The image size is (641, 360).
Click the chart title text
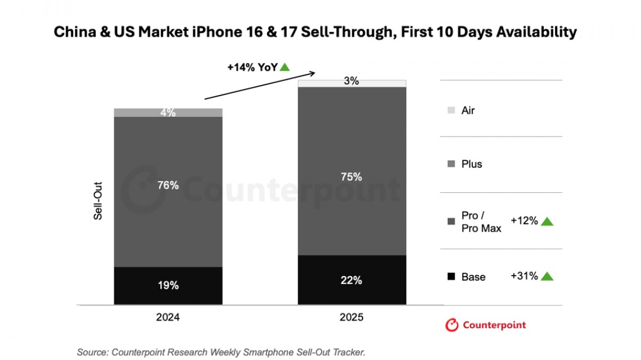click(x=315, y=32)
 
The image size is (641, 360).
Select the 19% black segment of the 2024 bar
click(x=168, y=286)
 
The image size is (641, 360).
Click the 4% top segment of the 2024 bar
click(x=168, y=113)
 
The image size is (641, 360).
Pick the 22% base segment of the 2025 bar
click(x=351, y=280)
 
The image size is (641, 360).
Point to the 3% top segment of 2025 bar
click(x=351, y=83)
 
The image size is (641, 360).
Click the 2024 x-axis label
click(x=168, y=317)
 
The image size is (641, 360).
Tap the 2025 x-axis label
click(x=351, y=317)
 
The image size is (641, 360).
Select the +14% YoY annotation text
click(x=252, y=67)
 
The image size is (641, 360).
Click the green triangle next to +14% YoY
click(x=285, y=67)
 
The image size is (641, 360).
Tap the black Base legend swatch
click(x=451, y=277)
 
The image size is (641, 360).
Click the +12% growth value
click(x=524, y=221)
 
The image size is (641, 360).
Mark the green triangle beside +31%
click(x=547, y=276)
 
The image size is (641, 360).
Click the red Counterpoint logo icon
click(x=452, y=325)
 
